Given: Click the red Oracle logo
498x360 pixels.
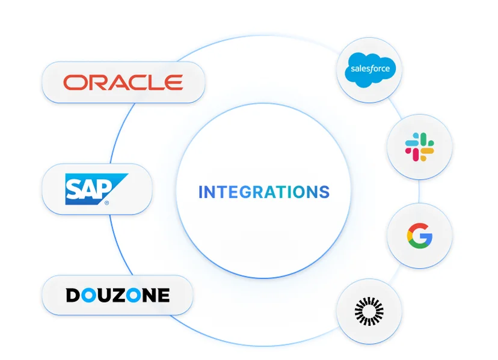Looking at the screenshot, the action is click(x=123, y=82).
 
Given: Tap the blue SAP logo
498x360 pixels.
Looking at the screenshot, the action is click(x=97, y=189).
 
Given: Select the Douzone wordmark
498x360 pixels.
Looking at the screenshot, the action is click(x=118, y=295).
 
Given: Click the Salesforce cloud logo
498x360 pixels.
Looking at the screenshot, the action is click(x=370, y=70).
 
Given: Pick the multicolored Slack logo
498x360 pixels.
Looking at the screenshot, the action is click(x=420, y=147).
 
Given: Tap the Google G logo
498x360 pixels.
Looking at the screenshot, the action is click(x=420, y=236).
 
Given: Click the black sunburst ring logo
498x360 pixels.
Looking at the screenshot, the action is click(x=369, y=311).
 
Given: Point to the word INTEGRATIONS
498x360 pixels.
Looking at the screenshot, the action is click(x=264, y=192).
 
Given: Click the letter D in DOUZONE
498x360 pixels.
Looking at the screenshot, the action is click(x=73, y=295).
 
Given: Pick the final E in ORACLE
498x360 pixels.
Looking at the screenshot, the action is click(x=174, y=82).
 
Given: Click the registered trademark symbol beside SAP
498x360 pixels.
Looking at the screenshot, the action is click(x=106, y=203).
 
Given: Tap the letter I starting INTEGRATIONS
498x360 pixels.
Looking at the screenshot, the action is click(x=200, y=192).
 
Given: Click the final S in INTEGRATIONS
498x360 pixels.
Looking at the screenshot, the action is click(x=324, y=192).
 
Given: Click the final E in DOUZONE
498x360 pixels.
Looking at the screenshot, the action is click(x=164, y=295).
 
